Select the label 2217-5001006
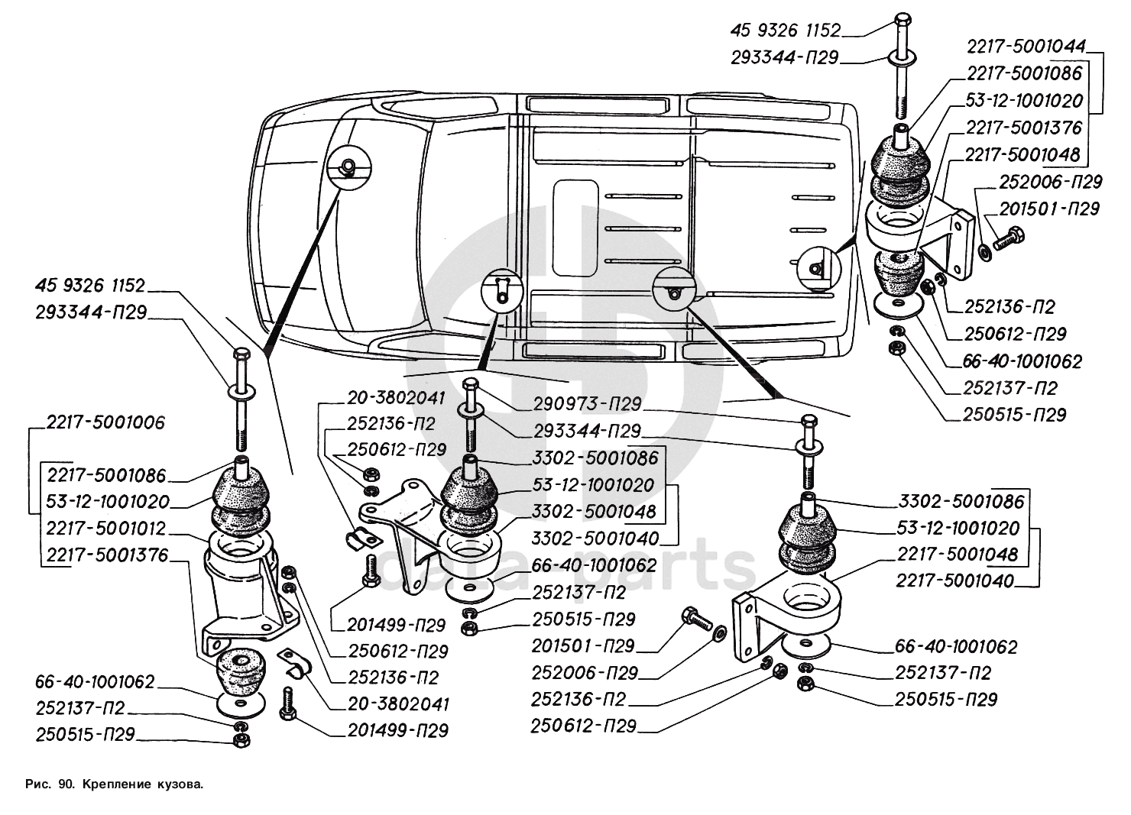[105, 423]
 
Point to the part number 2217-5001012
[105, 529]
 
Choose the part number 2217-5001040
[955, 581]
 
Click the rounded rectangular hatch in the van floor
[575, 227]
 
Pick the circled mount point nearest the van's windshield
[348, 167]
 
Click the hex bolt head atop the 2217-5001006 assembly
[241, 355]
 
